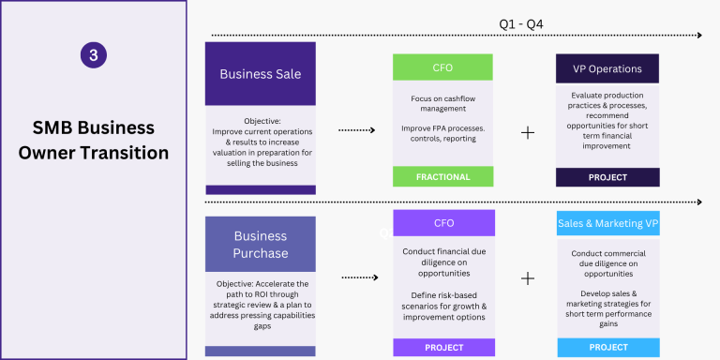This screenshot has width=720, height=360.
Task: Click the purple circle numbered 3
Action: click(x=94, y=55)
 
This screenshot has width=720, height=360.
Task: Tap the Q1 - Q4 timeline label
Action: click(x=521, y=24)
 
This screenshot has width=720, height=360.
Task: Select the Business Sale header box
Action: click(x=261, y=74)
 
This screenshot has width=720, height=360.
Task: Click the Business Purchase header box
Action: click(x=261, y=245)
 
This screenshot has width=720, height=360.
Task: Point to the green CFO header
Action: click(x=442, y=67)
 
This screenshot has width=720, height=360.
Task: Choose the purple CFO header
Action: click(x=444, y=223)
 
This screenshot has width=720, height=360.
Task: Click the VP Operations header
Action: click(x=607, y=68)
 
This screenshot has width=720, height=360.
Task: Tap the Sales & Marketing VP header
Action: click(x=608, y=223)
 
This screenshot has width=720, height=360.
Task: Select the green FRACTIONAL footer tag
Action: click(x=443, y=177)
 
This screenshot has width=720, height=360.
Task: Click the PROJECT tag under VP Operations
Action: click(x=607, y=177)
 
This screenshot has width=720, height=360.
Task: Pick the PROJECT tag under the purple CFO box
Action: click(x=444, y=348)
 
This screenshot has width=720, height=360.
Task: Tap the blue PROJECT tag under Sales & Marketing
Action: click(x=608, y=348)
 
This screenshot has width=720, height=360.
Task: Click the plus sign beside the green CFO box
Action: click(x=528, y=133)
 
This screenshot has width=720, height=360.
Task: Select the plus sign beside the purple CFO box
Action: click(x=528, y=278)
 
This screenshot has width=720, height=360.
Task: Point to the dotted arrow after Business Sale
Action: click(x=357, y=130)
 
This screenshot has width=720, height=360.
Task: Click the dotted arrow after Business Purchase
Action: click(x=360, y=277)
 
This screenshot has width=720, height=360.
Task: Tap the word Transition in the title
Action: click(x=125, y=153)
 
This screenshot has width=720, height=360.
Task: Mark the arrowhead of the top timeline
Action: click(x=699, y=36)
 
